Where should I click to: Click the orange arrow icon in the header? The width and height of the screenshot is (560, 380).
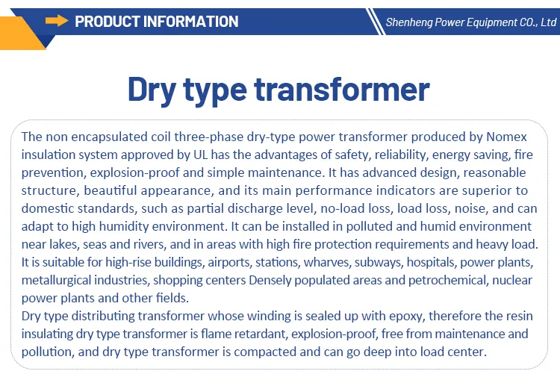pos(57,21)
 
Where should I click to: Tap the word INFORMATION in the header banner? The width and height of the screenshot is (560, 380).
pos(192,21)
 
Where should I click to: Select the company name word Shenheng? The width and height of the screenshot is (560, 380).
pos(410,22)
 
